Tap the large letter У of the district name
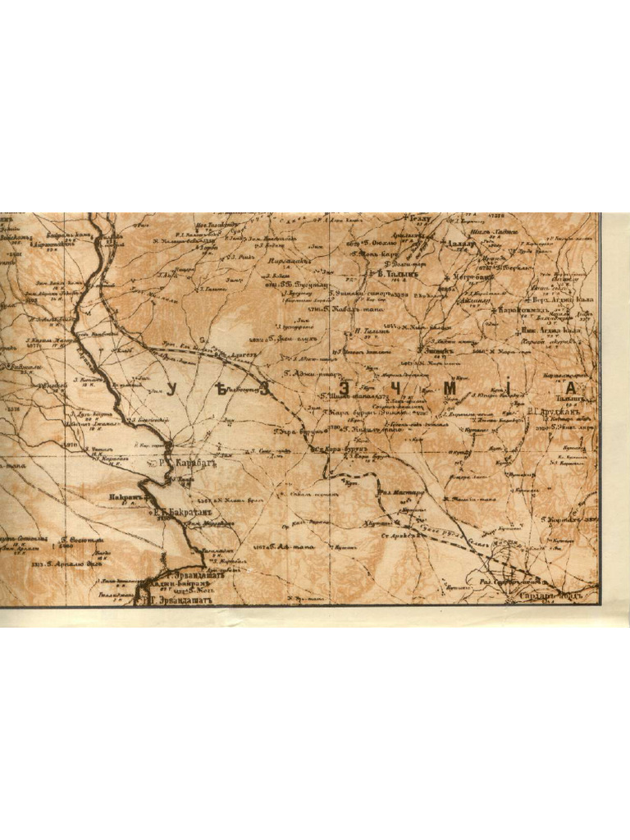click(x=173, y=390)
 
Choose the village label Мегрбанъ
click(x=467, y=278)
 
